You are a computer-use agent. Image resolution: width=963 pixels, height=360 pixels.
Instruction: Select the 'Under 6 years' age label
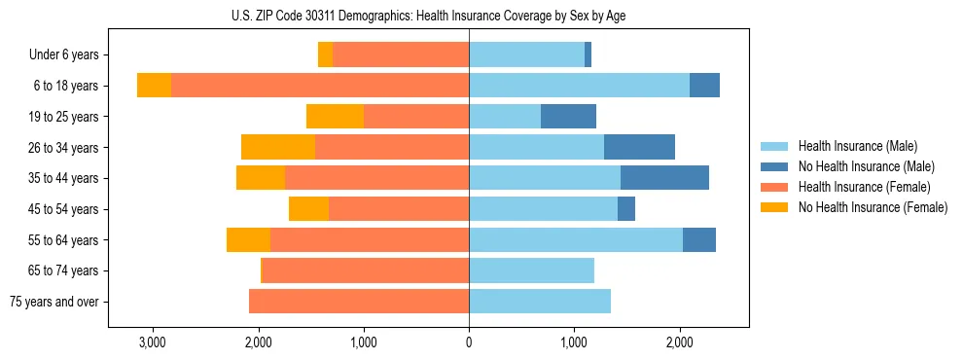(70, 55)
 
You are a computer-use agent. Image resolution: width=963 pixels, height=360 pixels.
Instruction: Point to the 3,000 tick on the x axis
(153, 342)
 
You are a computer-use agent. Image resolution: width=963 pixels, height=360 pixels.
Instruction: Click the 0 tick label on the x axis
(469, 342)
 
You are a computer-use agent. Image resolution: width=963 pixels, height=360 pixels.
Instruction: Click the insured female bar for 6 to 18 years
(320, 86)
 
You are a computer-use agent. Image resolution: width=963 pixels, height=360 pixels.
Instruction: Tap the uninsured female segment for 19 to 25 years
(335, 117)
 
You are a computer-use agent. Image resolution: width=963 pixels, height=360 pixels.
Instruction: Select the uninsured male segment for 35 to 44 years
(664, 178)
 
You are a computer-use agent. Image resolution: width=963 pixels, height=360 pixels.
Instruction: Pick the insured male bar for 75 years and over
(540, 302)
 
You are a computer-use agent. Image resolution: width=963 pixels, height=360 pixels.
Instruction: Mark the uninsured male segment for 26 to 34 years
(639, 147)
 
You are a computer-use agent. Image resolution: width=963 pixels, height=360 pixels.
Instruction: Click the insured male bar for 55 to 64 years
(576, 240)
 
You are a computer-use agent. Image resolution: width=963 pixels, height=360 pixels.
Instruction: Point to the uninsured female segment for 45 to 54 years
(308, 209)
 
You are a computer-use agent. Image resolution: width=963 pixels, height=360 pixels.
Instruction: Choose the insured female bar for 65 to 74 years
(366, 270)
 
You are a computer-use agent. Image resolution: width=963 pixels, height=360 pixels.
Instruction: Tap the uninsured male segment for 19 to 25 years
(568, 117)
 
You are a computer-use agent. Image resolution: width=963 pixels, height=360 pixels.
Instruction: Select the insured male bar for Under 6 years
(526, 55)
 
